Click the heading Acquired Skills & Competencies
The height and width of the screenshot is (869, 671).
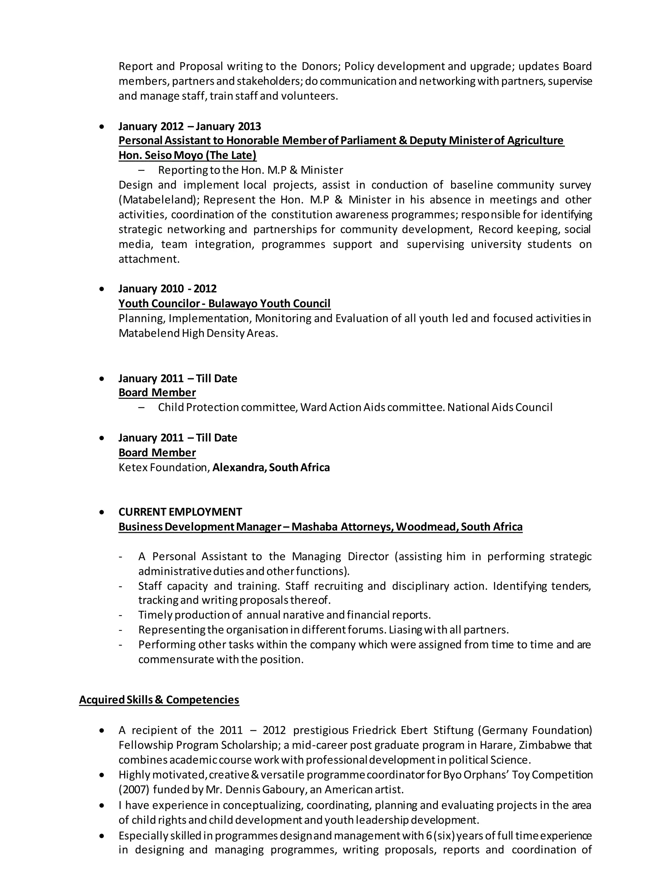[159, 700]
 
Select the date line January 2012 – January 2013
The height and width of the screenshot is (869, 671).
[190, 126]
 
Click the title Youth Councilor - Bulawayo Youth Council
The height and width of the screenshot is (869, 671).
[224, 304]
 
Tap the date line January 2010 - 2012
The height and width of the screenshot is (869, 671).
[167, 289]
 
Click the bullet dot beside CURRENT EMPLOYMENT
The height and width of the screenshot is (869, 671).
[102, 513]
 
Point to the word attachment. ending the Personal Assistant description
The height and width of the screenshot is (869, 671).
[149, 259]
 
